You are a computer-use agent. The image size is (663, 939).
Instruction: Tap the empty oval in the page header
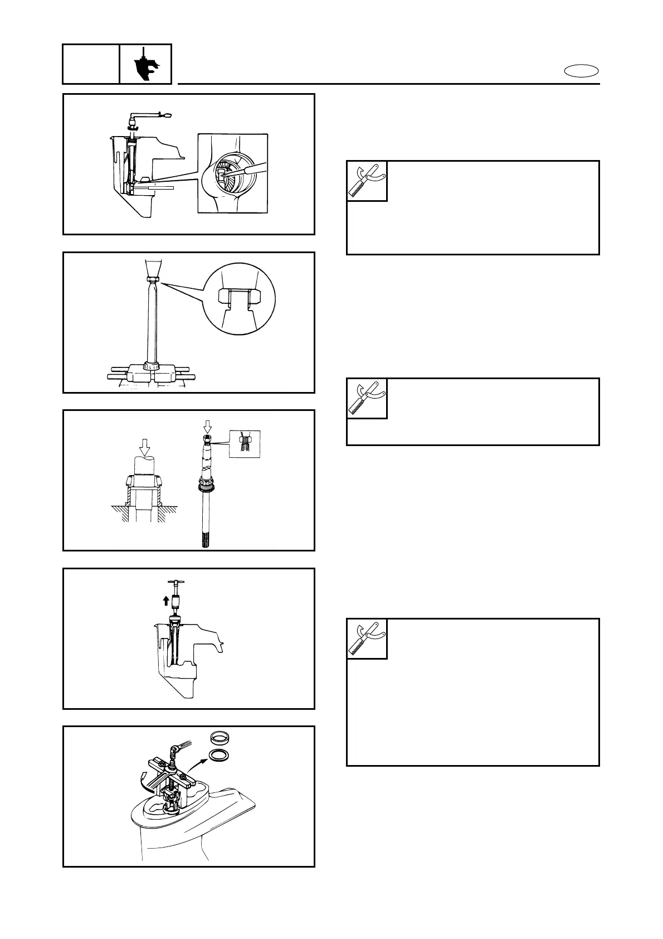coord(582,71)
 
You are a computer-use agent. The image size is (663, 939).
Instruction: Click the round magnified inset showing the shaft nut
coord(240,298)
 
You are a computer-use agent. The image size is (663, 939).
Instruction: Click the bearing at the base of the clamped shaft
coord(150,366)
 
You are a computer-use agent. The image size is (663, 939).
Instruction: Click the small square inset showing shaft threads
coord(245,444)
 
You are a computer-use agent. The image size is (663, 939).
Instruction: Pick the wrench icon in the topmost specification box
coord(367,181)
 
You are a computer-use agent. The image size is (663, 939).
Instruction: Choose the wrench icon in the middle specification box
coord(367,398)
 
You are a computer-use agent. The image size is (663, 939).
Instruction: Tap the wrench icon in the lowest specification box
coord(367,638)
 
